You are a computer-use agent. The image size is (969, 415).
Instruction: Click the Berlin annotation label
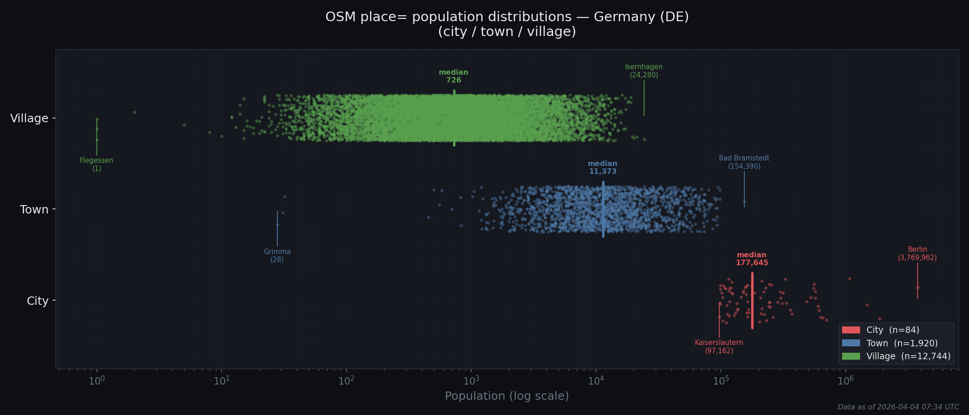coord(917,254)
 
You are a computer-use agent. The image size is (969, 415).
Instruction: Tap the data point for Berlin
coord(918,287)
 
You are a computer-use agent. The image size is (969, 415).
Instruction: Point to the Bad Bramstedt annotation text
coord(744,162)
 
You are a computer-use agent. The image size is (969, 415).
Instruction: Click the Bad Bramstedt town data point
coord(744,202)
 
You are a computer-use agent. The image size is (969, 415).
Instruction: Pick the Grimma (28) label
coord(277,255)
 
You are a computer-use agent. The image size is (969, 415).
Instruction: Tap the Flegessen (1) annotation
coord(96,164)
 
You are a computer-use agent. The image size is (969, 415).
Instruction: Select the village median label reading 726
coord(454,76)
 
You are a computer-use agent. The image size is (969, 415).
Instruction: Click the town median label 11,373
coord(603,167)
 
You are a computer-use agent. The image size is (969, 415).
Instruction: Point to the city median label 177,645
coord(752,259)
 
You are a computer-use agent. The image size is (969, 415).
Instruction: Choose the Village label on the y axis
coord(29,119)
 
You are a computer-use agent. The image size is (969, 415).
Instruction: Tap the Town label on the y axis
coord(34,210)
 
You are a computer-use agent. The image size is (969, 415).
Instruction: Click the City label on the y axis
coord(37,301)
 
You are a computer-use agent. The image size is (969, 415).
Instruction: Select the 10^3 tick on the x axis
coord(471,381)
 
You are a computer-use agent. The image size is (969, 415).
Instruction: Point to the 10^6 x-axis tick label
coord(845,381)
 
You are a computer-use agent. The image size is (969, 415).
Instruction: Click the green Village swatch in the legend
coord(851,356)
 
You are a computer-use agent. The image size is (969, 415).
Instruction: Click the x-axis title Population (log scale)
coord(507,396)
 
